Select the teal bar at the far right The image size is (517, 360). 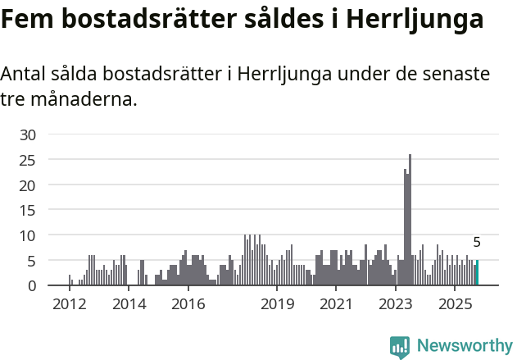(477, 273)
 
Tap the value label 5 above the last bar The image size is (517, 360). (477, 243)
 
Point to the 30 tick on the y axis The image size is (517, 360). (29, 134)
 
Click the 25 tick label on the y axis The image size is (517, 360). (29, 160)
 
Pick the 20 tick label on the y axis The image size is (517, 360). (29, 185)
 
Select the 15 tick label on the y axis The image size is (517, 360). (29, 211)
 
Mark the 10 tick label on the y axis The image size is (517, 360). (29, 236)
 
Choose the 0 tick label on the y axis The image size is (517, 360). (33, 286)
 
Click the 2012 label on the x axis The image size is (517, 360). (69, 305)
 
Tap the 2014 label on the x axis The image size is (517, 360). (128, 305)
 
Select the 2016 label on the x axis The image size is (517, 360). (188, 305)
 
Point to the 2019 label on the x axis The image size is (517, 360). (277, 305)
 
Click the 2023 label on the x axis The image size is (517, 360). (396, 305)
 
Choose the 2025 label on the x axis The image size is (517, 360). (455, 305)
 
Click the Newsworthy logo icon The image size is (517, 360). (400, 347)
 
